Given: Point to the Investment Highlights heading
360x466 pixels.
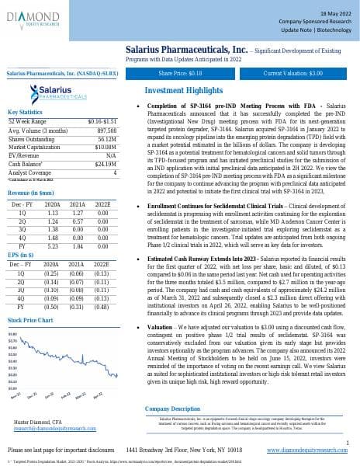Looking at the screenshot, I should pos(184,90).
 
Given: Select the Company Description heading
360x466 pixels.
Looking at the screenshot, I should pos(172,409).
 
